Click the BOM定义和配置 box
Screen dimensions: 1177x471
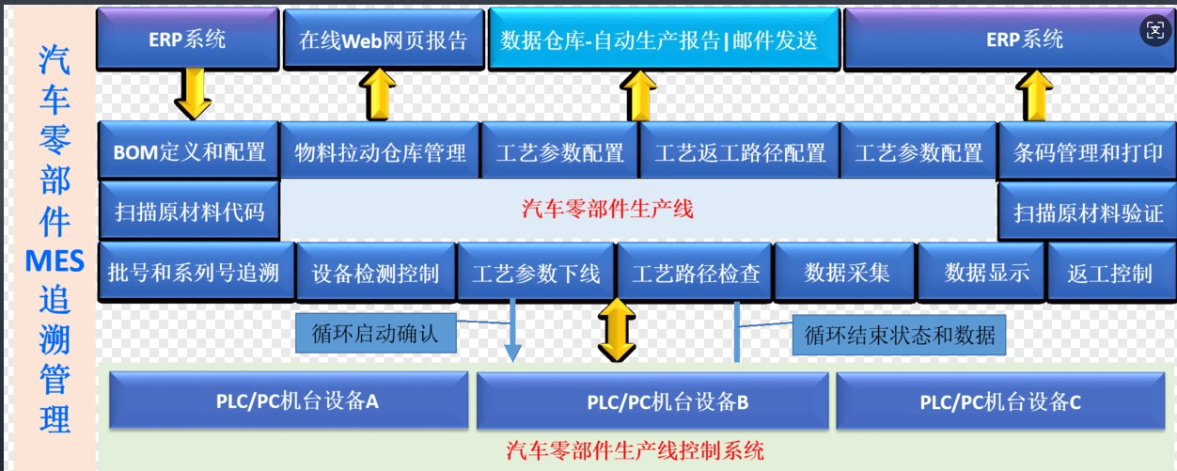189,151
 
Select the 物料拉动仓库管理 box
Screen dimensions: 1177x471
380,152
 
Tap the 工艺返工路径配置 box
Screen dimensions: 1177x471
739,152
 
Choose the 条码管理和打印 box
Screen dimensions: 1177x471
1087,152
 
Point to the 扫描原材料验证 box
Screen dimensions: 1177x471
1087,212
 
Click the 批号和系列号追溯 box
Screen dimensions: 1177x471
196,272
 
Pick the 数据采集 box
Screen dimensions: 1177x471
845,273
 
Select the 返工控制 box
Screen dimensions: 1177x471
1111,273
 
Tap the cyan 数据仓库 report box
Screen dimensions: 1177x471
664,39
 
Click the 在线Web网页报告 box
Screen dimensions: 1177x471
384,39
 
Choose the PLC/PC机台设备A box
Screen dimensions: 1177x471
289,400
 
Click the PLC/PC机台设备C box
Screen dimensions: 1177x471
1000,401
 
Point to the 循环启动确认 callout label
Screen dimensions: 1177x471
376,334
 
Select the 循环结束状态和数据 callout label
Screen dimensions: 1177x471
899,335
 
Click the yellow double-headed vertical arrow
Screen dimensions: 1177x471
617,330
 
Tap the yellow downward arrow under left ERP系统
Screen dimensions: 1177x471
193,94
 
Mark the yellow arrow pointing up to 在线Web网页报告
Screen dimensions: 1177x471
377,95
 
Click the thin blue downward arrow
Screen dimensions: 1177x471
512,331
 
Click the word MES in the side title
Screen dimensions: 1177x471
55,260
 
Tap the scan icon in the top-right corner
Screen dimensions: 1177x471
1155,30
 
